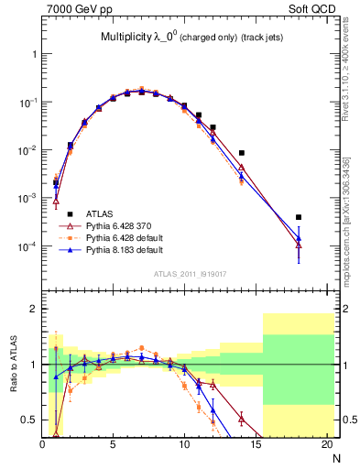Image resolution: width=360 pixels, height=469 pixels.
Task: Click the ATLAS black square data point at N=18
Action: click(x=299, y=217)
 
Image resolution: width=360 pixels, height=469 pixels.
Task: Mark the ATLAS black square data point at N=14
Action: click(x=242, y=153)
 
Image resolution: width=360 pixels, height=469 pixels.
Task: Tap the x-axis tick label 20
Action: click(x=327, y=446)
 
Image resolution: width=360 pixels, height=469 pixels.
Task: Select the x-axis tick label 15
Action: click(x=256, y=446)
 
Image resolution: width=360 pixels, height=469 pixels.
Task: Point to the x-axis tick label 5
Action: click(x=113, y=446)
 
